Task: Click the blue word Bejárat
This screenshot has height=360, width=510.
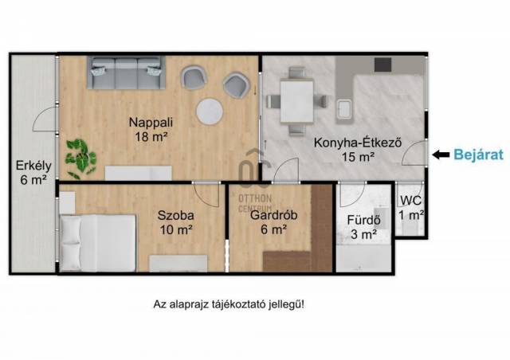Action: pos(478,155)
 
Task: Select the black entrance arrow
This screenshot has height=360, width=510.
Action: pos(441,155)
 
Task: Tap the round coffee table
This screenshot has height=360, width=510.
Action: pos(210,112)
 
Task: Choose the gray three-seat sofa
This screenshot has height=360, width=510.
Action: pos(126,72)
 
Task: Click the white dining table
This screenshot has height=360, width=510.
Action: pos(296,101)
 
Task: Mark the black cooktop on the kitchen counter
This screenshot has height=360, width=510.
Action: pos(382,65)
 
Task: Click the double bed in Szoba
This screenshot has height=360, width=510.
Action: pos(97,243)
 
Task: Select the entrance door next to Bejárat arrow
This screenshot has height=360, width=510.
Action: pos(414,153)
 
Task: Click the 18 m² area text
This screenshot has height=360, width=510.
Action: pos(151,136)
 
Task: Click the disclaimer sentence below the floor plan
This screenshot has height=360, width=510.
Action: pos(229,305)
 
